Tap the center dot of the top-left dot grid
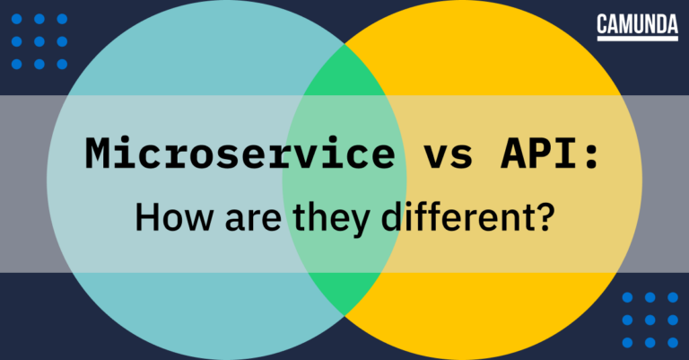click(x=39, y=41)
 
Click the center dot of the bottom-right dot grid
click(x=649, y=320)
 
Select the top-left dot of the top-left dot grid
click(x=17, y=19)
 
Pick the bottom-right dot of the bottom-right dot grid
click(x=671, y=342)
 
